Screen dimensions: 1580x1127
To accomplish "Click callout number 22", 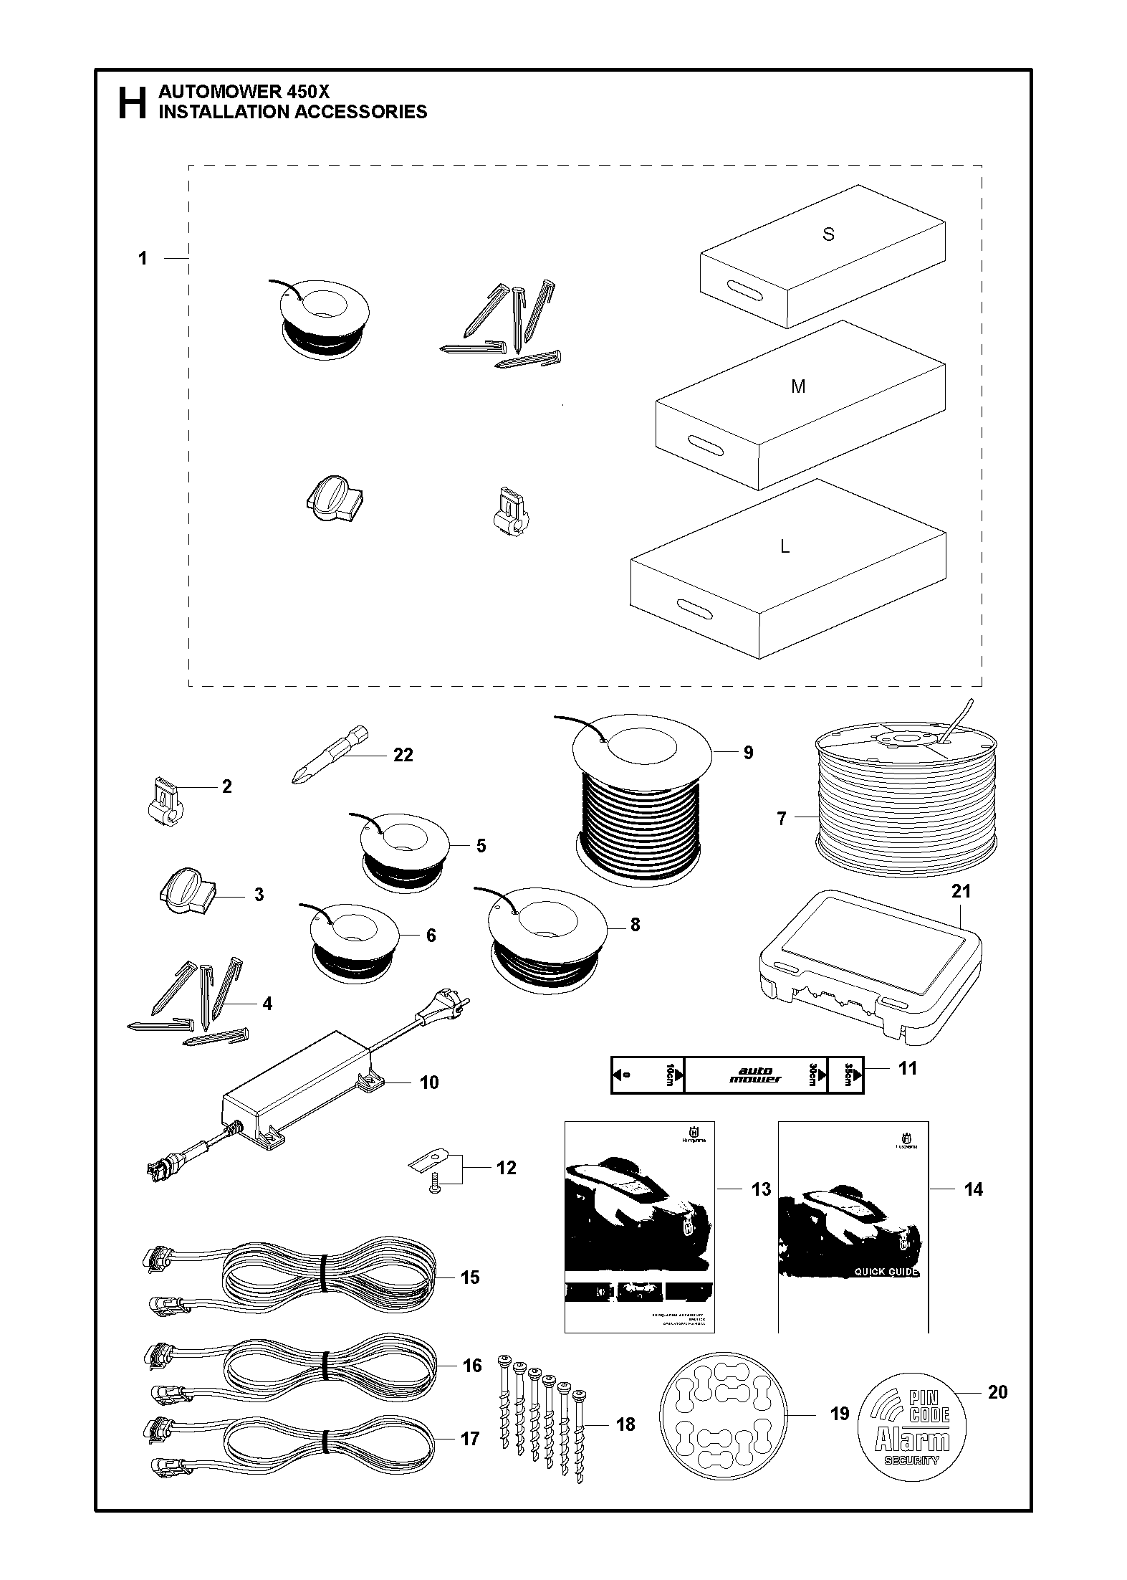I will (403, 755).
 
